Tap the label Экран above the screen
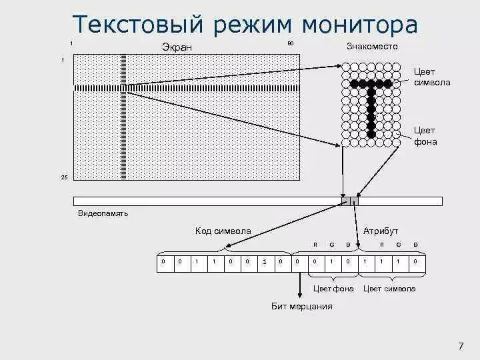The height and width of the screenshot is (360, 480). point(175,47)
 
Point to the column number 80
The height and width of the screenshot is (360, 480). point(290,43)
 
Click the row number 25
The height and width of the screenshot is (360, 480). point(64,177)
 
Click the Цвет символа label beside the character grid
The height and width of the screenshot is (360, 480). point(431,77)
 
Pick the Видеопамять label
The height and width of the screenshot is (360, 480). point(103,214)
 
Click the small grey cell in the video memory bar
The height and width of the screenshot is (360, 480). point(349,201)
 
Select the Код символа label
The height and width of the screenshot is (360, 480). point(223,231)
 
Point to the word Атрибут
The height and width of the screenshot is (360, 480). point(381,231)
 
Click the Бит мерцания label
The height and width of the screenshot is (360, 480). point(301,307)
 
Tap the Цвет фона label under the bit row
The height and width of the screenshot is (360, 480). point(333,289)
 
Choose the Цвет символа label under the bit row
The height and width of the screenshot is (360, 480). point(389,289)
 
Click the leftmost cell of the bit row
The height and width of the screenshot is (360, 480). point(163,262)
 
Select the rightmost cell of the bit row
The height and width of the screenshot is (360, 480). point(415,262)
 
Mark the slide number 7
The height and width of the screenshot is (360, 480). point(461,345)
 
